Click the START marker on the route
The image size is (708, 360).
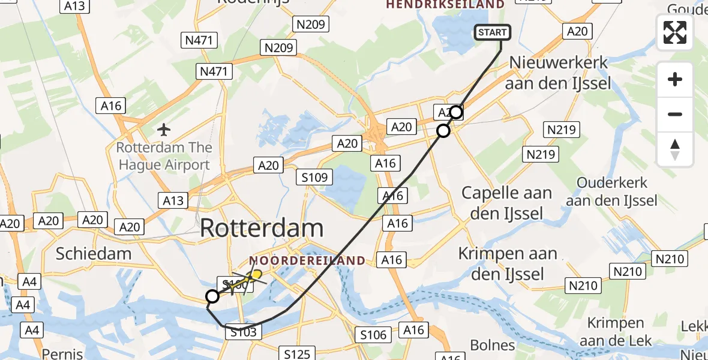pos(493,32)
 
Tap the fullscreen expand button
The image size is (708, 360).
pos(675,32)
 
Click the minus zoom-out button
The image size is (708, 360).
pos(675,114)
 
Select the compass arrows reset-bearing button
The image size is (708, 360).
pos(675,149)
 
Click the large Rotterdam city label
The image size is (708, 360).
pos(262,229)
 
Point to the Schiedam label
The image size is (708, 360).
pos(94,253)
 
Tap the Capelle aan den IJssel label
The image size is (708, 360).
pos(506,203)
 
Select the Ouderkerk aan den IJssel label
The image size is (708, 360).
pos(611,191)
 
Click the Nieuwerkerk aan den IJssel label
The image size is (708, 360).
pos(558,73)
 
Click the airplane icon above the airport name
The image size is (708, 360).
pos(164,129)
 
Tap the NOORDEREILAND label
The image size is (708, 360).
pos(307,260)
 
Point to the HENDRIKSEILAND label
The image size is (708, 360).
pos(445,5)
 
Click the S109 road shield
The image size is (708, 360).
pos(314,177)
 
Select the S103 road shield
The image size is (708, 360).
pos(242,332)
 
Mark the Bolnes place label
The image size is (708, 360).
pos(493,345)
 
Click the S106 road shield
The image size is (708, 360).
pos(373,334)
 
